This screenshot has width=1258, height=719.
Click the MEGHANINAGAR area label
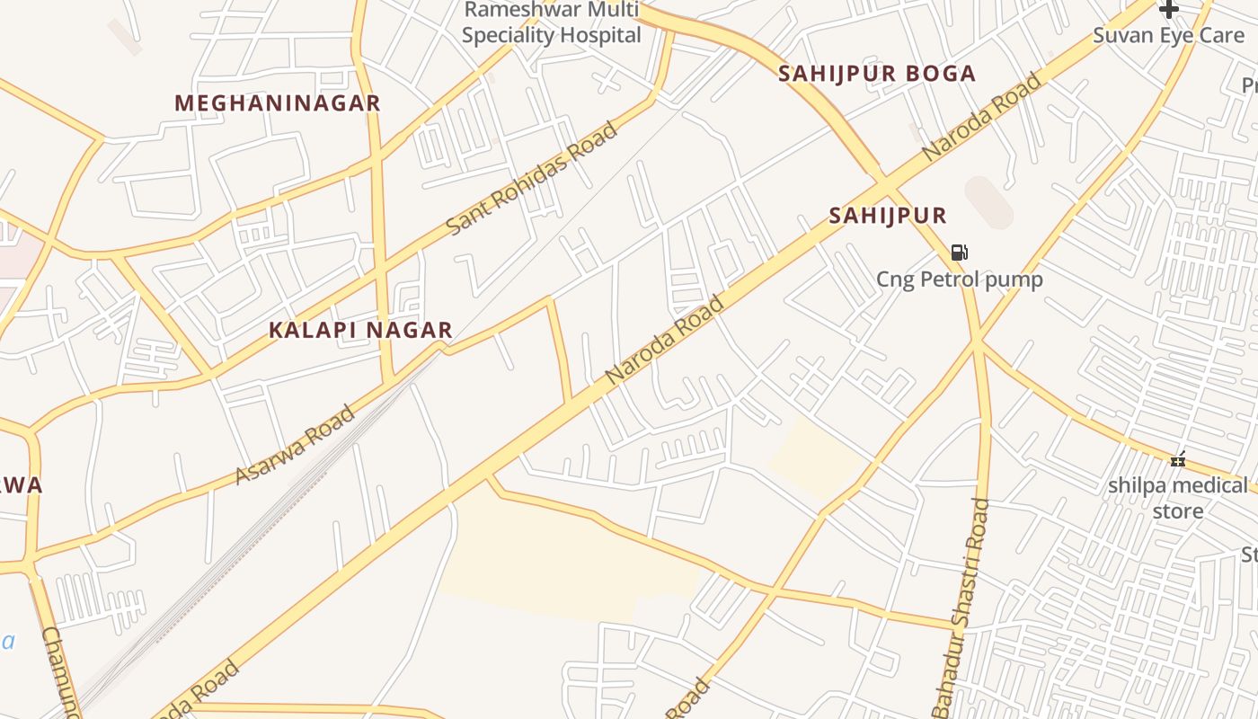click(x=278, y=103)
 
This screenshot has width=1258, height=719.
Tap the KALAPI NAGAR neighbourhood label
click(x=360, y=331)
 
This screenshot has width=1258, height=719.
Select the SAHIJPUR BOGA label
click(x=877, y=74)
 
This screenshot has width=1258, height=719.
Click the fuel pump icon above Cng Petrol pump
click(x=960, y=253)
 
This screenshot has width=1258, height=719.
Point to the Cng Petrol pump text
click(x=960, y=280)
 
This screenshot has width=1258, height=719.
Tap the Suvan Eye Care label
click(x=1168, y=36)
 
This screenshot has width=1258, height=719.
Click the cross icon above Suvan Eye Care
click(x=1168, y=10)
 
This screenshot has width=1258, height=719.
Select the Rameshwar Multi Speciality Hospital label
click(x=551, y=23)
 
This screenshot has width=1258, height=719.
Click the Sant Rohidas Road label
click(x=532, y=179)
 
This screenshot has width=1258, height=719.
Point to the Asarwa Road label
click(x=295, y=445)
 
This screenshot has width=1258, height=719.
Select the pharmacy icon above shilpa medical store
click(x=1178, y=460)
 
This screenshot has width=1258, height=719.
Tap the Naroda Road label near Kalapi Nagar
click(x=665, y=341)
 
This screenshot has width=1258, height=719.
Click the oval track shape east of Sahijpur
click(x=988, y=202)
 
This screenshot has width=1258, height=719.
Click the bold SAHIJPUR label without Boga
click(x=888, y=216)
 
